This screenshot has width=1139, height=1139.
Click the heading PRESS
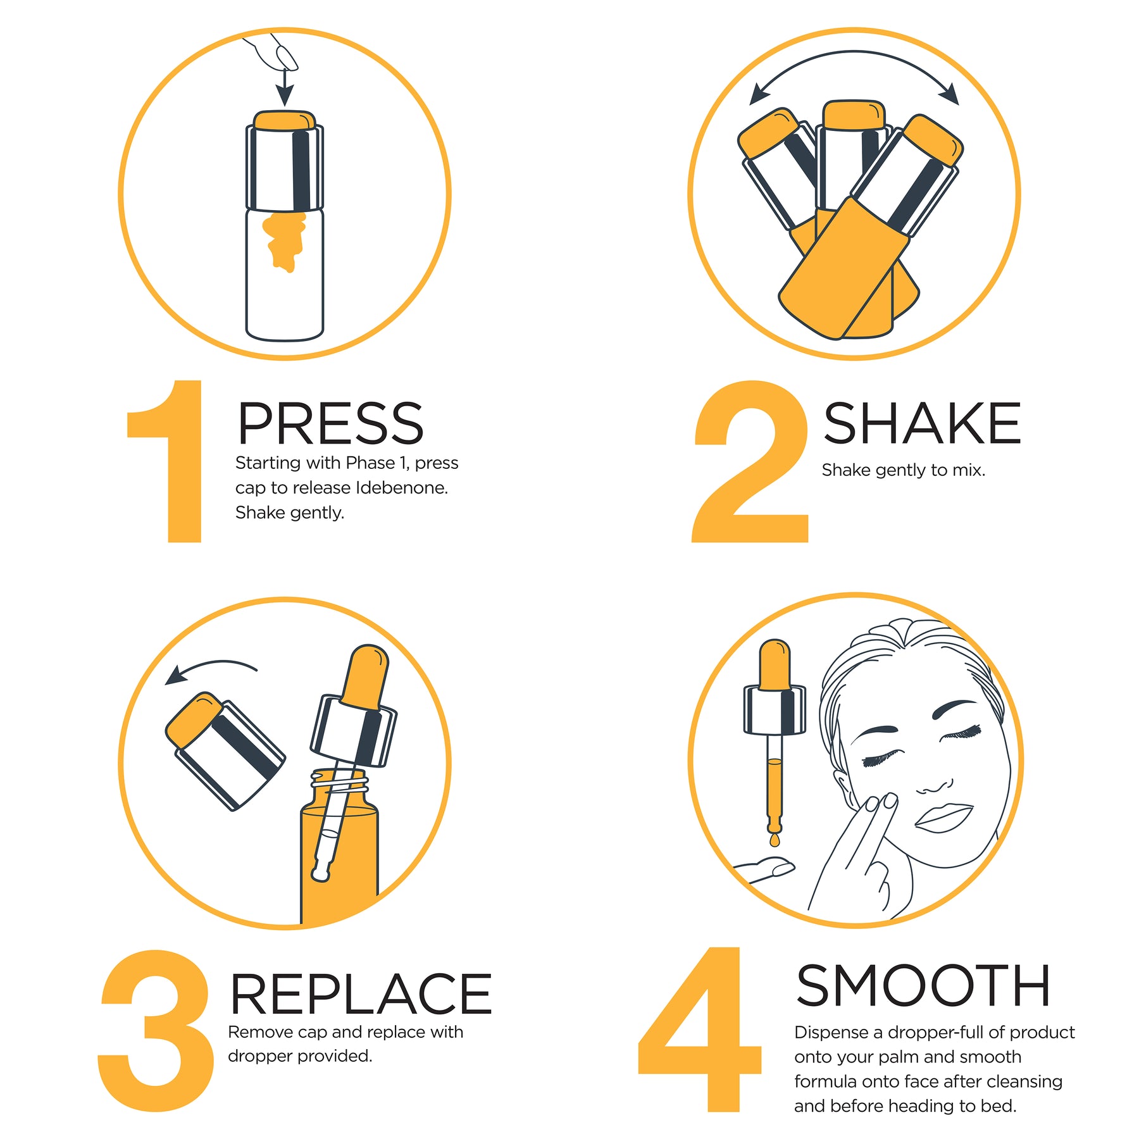330,423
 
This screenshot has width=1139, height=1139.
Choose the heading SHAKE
922,423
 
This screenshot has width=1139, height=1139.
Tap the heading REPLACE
360,994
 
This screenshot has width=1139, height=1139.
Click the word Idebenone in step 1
401,488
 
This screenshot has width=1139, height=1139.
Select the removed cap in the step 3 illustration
225,750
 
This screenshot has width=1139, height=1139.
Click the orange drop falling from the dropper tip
775,840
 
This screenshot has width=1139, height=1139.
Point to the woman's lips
943,817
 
